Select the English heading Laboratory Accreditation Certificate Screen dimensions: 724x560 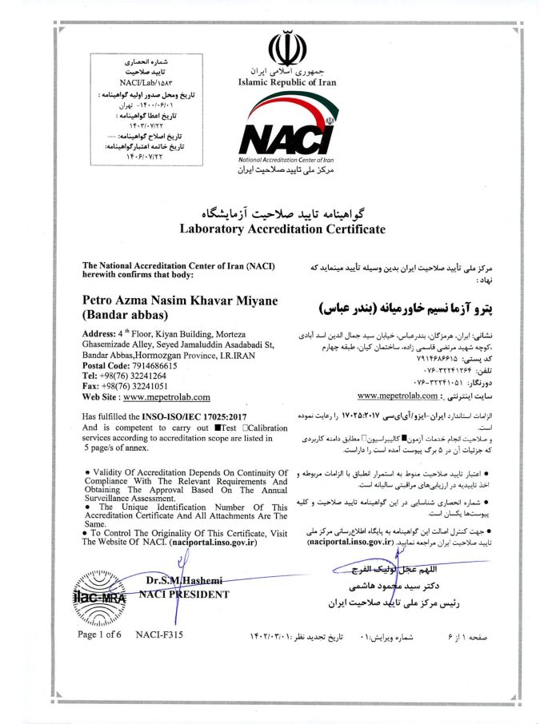click(282, 229)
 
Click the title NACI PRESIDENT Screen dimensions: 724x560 click(183, 595)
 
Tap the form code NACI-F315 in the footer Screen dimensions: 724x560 click(160, 634)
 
